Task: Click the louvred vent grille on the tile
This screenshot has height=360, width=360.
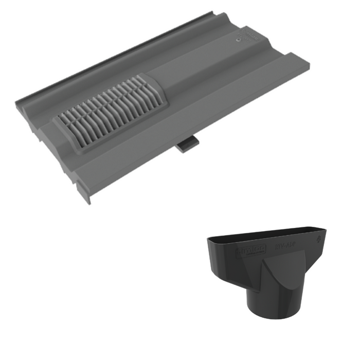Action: coord(108,114)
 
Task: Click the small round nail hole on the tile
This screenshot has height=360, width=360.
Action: coord(238,39)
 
